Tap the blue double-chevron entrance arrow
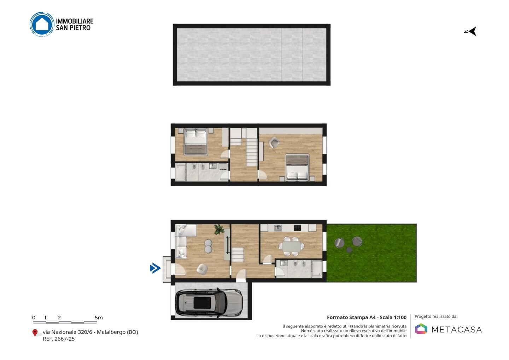[x=156, y=268]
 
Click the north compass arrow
[x=472, y=31]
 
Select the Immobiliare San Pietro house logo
[x=42, y=24]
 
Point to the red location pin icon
[x=35, y=333]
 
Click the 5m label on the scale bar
[x=99, y=318]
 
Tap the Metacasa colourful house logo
[x=421, y=329]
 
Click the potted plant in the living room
[x=219, y=229]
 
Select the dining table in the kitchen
[x=291, y=246]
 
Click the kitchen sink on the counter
[x=278, y=227]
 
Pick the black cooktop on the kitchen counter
[x=298, y=227]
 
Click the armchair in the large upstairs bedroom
[x=274, y=143]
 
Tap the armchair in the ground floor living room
[x=202, y=269]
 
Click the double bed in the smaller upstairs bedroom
[x=195, y=142]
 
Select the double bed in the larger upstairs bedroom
[x=297, y=168]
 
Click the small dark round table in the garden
[x=349, y=250]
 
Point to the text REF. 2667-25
[x=59, y=339]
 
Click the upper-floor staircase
[x=251, y=147]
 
